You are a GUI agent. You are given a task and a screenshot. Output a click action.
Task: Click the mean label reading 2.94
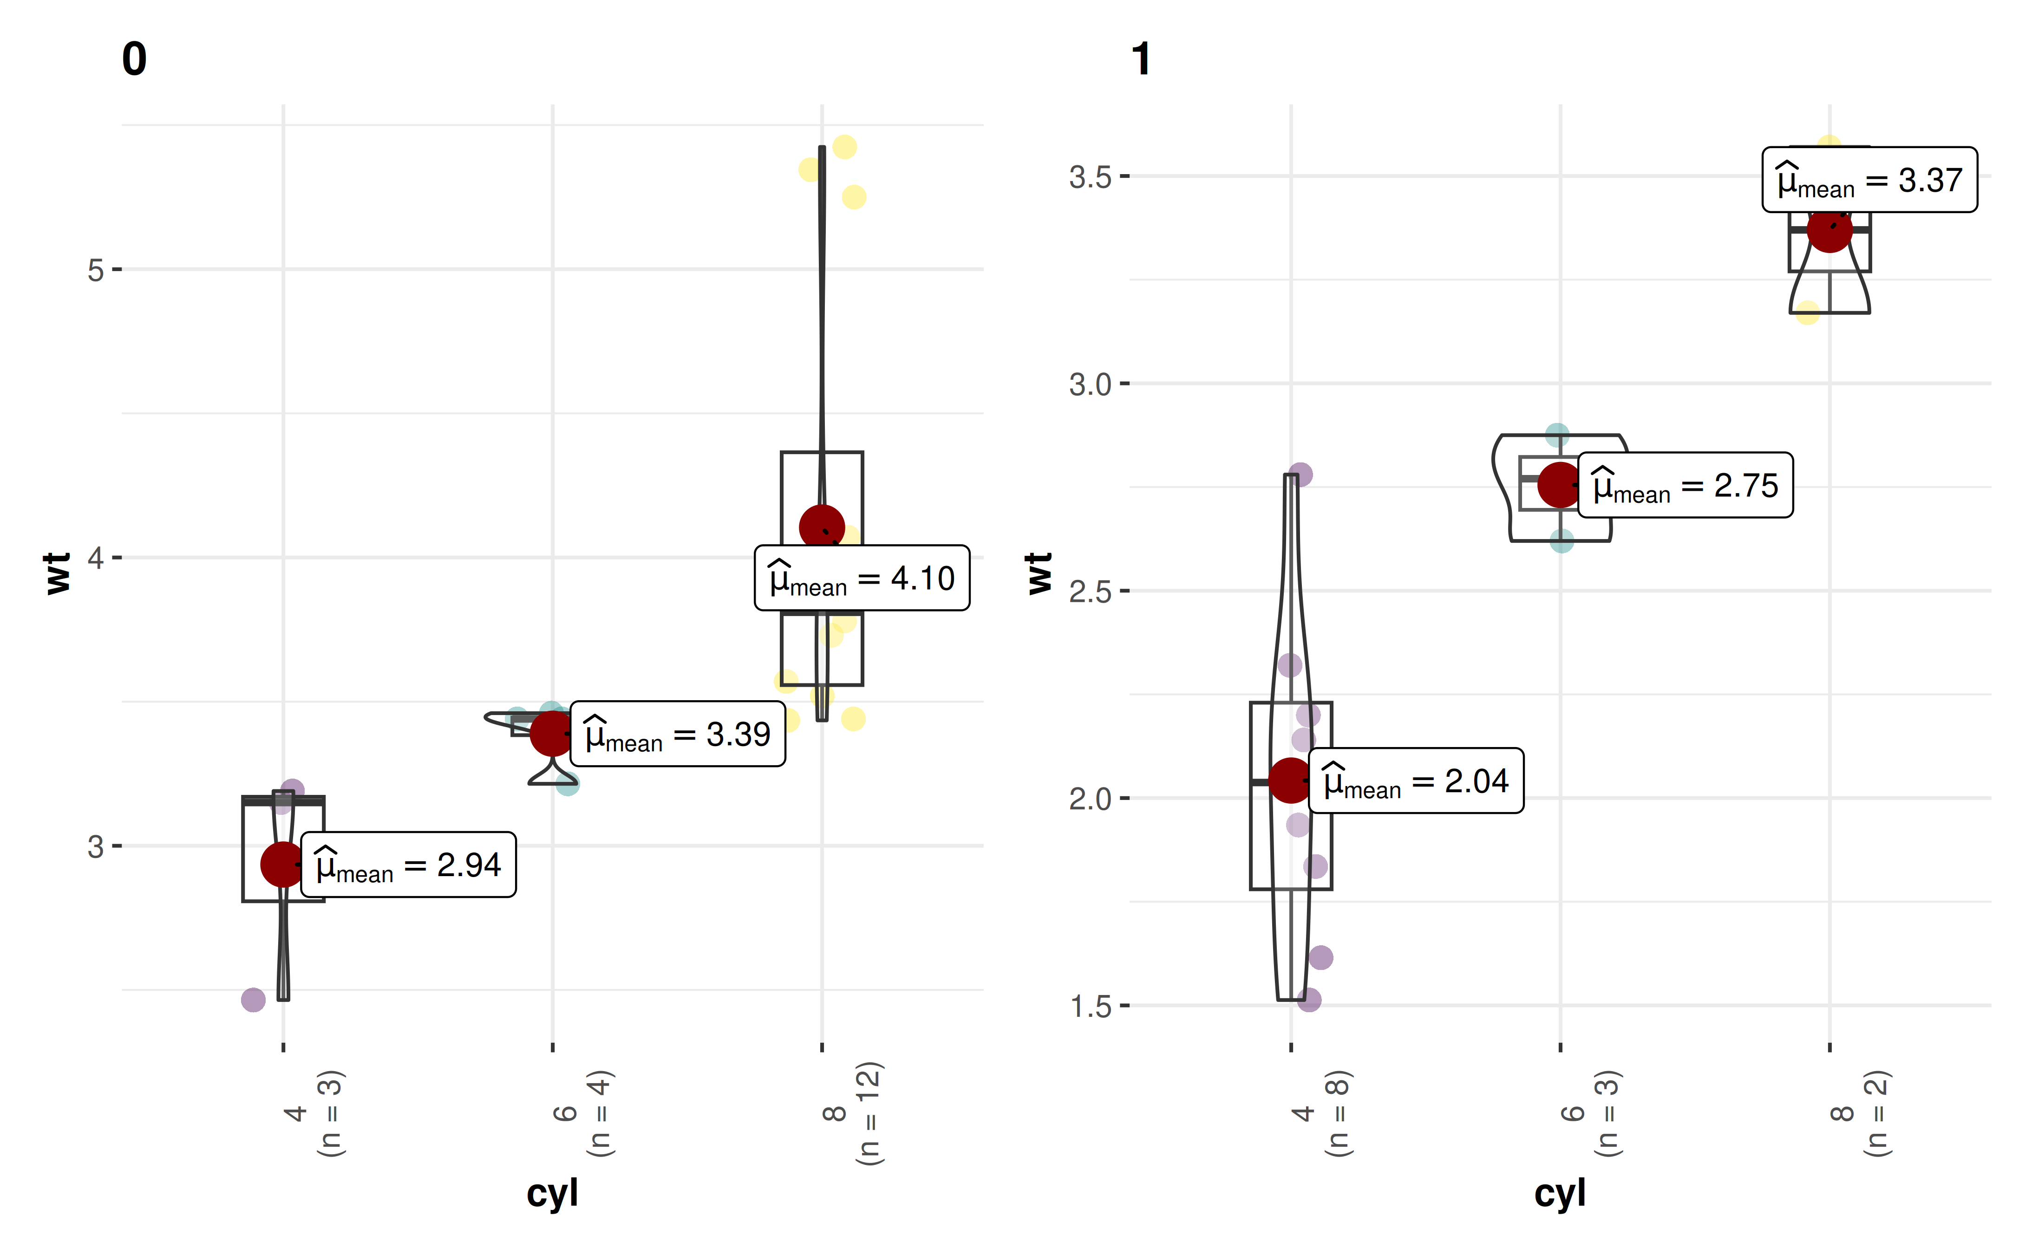(408, 865)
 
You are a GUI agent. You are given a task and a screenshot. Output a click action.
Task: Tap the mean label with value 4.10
(862, 579)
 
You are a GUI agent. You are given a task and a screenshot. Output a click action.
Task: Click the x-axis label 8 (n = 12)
(851, 1114)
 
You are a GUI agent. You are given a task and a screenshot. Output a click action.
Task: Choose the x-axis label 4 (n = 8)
(1320, 1114)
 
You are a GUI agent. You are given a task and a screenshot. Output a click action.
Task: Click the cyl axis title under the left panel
(552, 1194)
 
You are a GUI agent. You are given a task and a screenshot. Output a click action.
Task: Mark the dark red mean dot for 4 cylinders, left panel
(283, 864)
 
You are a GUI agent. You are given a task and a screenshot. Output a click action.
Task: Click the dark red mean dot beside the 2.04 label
(1291, 780)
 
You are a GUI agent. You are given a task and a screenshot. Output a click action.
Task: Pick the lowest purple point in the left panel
(253, 999)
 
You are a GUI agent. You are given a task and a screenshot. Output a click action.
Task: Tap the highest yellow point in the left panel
(844, 147)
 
